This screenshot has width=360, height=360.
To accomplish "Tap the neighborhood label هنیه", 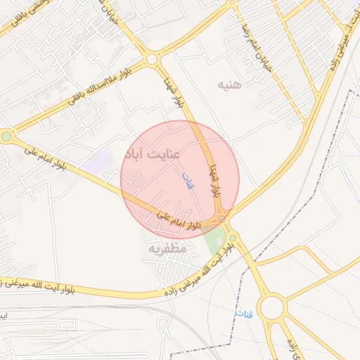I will (229, 85).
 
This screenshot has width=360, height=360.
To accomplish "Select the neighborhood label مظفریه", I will (167, 248).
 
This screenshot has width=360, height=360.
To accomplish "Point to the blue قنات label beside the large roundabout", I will (243, 312).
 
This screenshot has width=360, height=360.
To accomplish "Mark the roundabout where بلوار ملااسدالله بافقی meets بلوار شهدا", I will (151, 60).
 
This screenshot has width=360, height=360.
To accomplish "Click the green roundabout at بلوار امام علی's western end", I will (6, 136).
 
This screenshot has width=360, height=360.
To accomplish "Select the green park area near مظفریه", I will (214, 241).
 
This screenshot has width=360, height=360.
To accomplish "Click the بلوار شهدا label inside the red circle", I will (212, 180).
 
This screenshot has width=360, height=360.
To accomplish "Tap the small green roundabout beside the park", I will (232, 238).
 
